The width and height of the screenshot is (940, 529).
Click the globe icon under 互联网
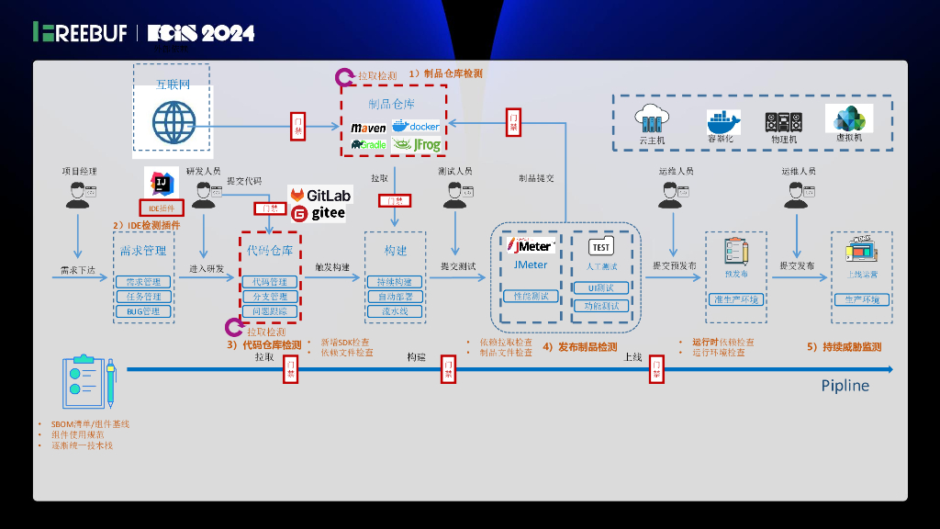point(172,121)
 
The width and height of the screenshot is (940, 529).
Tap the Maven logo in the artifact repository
point(368,128)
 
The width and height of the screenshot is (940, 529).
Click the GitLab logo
point(320,196)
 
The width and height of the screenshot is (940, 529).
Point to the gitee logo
point(319,214)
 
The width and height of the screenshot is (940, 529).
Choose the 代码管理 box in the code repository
point(269,282)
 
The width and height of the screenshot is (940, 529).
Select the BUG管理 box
point(142,311)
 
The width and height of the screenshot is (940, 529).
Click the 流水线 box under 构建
point(395,311)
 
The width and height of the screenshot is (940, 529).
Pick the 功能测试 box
point(601,306)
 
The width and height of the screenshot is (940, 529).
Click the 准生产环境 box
point(736,299)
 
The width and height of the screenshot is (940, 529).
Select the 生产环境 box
point(861,299)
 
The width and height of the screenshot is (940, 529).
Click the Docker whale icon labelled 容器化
point(723,121)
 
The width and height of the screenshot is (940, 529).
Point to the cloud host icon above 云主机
point(653,119)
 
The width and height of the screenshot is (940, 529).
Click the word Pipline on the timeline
point(845,386)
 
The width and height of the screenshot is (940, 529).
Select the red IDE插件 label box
point(162,208)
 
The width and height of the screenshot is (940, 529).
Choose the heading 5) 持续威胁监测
point(844,347)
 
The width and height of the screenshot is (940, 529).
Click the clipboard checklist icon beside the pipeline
point(88,384)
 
